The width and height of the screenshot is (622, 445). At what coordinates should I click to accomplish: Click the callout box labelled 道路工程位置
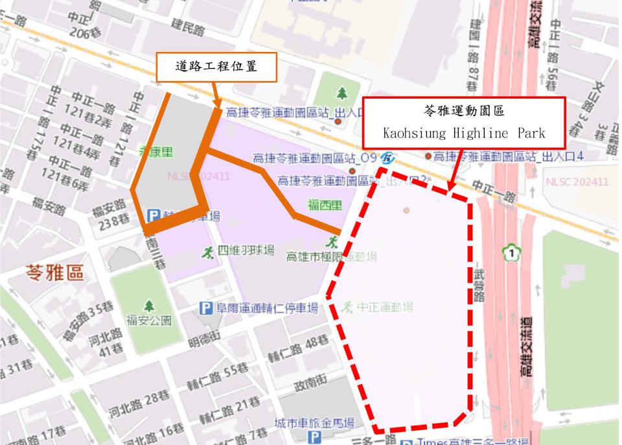216,67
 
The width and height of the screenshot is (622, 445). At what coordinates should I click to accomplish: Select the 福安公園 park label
149,320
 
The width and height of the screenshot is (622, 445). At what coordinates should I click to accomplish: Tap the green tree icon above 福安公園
149,305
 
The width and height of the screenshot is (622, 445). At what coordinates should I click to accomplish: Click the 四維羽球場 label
246,250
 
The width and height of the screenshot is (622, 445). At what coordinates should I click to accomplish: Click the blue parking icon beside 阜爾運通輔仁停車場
205,308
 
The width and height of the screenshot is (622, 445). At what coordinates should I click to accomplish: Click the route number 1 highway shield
513,252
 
